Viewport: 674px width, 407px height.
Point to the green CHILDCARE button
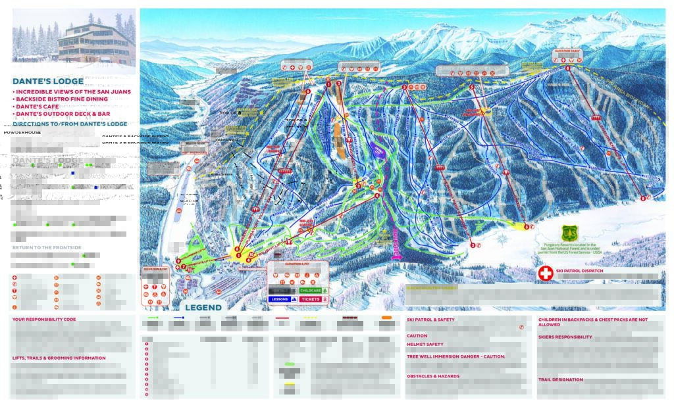click(314, 290)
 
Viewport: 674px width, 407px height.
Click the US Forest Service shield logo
click(569, 233)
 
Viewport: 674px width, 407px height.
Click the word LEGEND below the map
click(203, 307)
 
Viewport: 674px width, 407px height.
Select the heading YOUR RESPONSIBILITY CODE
click(44, 320)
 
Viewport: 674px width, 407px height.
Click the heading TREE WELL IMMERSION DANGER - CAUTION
click(455, 356)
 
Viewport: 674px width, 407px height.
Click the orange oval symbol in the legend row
click(386, 318)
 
